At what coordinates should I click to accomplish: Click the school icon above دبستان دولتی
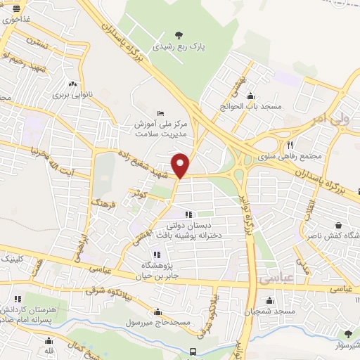(x=188, y=214)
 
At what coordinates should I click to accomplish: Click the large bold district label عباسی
(x=276, y=279)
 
